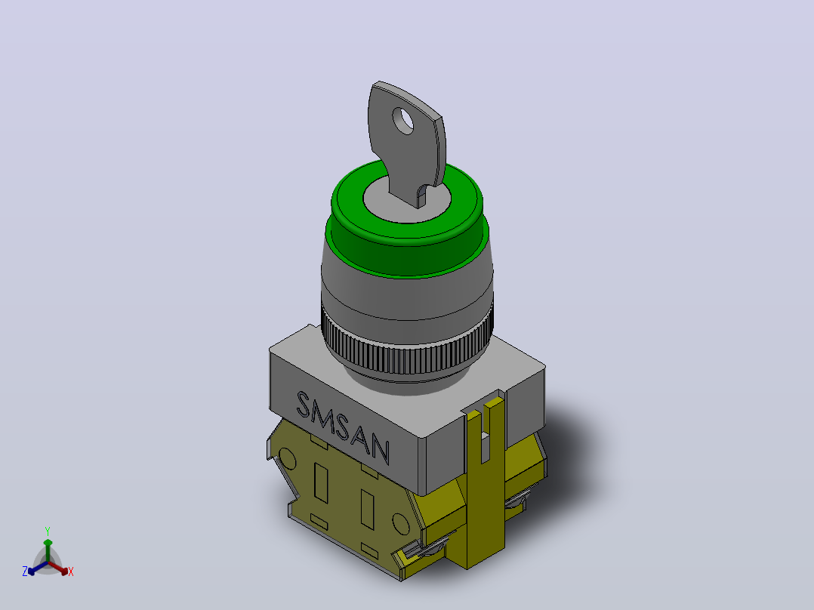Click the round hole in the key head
point(403,121)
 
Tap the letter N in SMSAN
point(380,450)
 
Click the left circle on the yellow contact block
point(287,460)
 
